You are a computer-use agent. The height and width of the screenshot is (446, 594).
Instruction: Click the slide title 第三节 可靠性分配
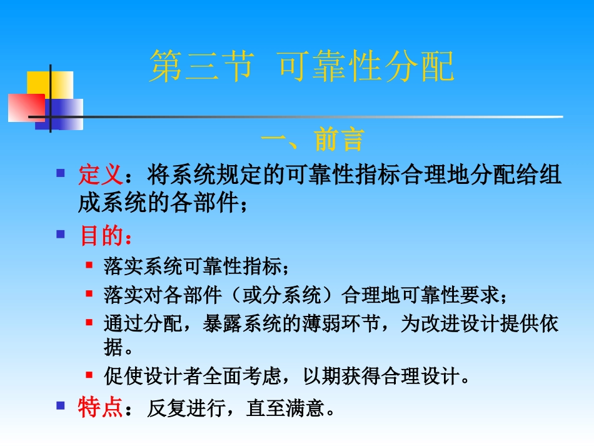pos(301,68)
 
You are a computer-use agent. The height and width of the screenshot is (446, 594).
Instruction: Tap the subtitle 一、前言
pos(312,140)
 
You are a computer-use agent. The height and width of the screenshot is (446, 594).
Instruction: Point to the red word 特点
pos(99,408)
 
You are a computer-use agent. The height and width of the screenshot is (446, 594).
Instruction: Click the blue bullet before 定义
pos(61,171)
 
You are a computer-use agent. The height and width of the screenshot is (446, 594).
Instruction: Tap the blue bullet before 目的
pos(61,234)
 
